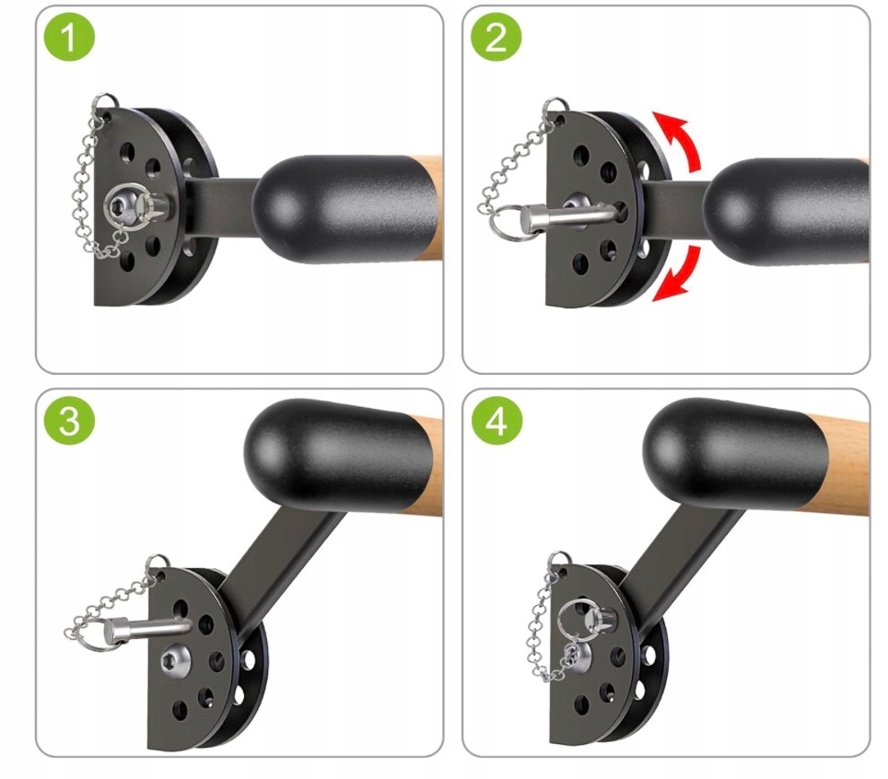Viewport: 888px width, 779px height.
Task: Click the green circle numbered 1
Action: point(69,38)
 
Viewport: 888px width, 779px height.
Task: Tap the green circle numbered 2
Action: point(497,38)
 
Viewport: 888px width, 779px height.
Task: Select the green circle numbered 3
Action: point(69,421)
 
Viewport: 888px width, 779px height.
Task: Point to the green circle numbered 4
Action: point(497,421)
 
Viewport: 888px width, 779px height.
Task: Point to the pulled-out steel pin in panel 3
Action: point(150,628)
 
